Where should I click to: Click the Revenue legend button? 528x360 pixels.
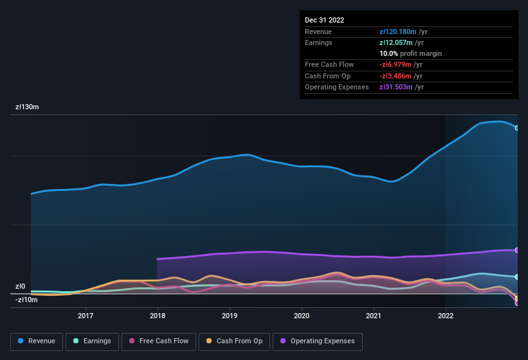coord(37,341)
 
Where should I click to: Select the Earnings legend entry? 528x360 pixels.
coord(93,341)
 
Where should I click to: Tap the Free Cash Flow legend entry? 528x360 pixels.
coord(158,341)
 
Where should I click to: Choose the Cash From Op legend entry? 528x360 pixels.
coord(233,341)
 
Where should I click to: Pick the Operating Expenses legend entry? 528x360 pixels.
coord(317,341)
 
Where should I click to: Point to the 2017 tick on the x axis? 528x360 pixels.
coord(86,316)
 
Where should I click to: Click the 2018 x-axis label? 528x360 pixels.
coord(158,316)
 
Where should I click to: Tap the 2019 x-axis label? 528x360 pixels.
coord(230,316)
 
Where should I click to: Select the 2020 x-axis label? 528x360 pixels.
coord(302,316)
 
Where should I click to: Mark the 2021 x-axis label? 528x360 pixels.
coord(374,316)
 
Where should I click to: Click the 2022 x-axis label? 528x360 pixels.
coord(446,316)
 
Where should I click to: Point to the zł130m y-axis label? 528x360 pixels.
coord(28,107)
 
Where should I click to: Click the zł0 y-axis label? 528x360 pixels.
coord(21,287)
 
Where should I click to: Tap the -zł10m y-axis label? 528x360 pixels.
coord(26,300)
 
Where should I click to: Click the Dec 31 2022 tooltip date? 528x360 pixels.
coord(324,20)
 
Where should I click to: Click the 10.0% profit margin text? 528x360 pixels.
coord(410,53)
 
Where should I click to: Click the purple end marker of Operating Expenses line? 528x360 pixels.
coord(516,250)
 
